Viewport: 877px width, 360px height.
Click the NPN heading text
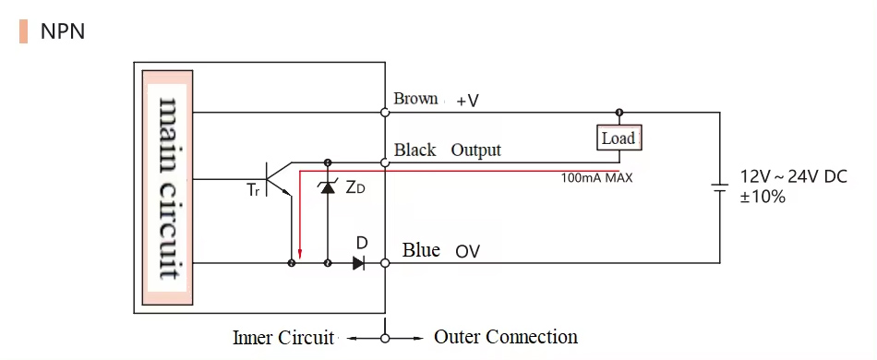63,31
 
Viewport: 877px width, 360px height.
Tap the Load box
619,138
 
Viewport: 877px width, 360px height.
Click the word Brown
415,99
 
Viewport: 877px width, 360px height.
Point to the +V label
467,101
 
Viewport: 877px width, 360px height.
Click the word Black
415,150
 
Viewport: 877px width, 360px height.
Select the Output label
475,150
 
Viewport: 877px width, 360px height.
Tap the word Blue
421,250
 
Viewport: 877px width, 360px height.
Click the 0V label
467,251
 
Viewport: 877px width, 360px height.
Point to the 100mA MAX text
596,177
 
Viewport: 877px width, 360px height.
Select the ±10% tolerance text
763,197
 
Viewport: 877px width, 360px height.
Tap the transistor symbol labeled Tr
275,177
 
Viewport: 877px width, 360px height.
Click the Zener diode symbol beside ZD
327,187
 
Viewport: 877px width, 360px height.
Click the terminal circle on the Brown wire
385,113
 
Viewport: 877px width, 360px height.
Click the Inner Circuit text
282,338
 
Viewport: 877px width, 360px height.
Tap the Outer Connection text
506,337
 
